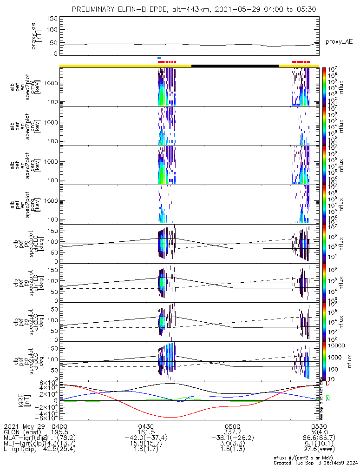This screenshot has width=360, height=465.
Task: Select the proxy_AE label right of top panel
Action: click(339, 42)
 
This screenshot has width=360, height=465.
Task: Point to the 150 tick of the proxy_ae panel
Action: click(52, 18)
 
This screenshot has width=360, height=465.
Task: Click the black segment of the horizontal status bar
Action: click(235, 66)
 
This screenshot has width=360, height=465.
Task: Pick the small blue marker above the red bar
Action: click(159, 58)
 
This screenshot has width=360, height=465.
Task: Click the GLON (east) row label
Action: click(23, 432)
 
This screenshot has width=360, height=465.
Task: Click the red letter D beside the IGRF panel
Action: click(327, 384)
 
